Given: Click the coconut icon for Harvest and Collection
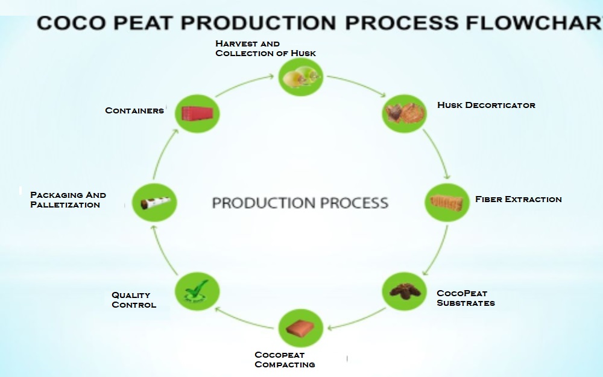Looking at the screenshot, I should point(301,77).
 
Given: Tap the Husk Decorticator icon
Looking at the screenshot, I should point(405,113).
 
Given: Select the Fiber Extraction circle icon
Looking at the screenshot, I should point(447,201).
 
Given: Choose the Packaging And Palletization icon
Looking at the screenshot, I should point(154,203).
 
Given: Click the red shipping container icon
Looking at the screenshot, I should point(197,113).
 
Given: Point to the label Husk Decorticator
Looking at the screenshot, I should point(486,105).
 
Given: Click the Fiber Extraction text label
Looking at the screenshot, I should point(518,199).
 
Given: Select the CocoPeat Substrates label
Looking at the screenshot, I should point(465,298).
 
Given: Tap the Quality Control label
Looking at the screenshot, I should point(133,300).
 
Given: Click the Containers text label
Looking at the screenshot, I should point(134,110).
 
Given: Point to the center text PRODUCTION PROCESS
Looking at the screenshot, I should point(300,203).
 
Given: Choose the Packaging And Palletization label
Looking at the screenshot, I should point(68,200).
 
